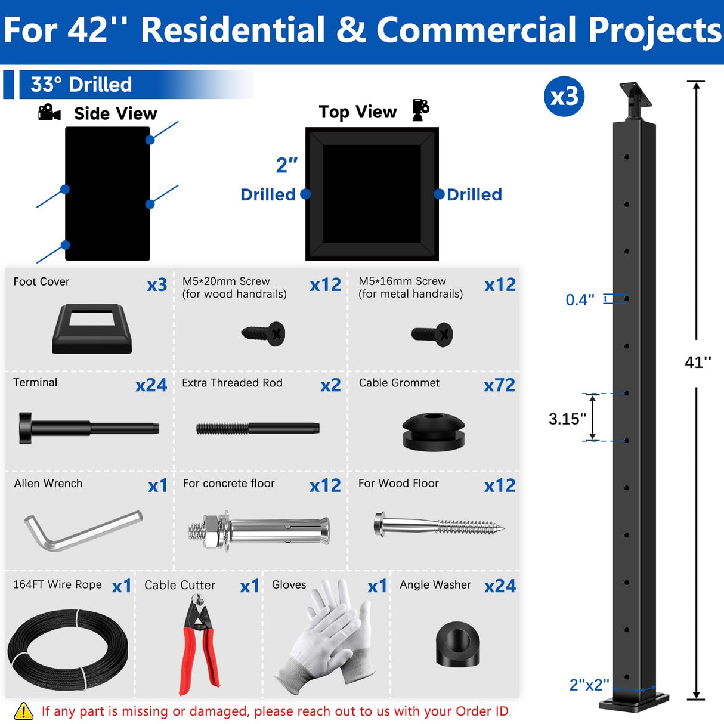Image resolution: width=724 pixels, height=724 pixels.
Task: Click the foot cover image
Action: [x=92, y=329]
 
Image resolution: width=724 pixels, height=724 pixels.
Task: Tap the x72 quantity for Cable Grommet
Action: [x=499, y=385]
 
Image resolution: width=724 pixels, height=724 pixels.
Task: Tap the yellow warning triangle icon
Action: [x=23, y=711]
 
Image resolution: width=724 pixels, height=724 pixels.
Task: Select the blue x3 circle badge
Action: [x=564, y=97]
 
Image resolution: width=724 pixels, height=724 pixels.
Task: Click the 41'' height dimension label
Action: [x=698, y=362]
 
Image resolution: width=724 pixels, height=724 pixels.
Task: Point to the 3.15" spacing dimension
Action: [x=567, y=419]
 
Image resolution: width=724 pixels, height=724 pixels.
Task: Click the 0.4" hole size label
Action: [x=580, y=299]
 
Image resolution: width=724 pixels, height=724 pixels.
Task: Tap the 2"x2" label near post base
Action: [x=589, y=685]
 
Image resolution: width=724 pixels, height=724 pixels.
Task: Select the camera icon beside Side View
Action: [x=49, y=112]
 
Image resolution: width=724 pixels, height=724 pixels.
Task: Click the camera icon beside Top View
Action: [x=420, y=110]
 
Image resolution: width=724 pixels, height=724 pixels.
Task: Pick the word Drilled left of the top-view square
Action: [x=268, y=194]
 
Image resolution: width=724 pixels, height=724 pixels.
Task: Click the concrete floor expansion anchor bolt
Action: [x=258, y=528]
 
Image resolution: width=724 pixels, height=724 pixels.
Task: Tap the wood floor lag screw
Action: [x=438, y=525]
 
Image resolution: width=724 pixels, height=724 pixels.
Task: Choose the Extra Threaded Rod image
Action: [x=258, y=428]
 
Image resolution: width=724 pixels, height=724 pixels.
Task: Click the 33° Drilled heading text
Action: [x=81, y=85]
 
